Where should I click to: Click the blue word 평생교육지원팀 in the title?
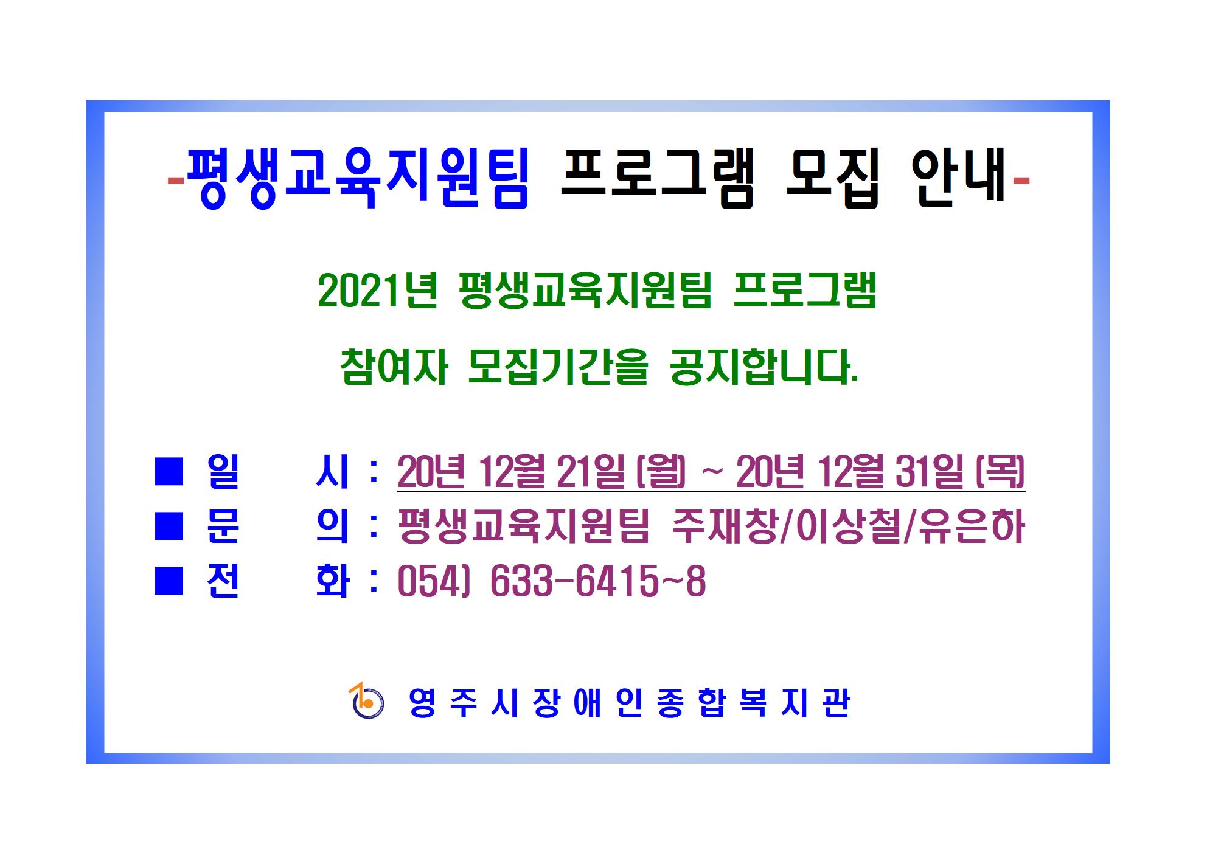tap(358, 179)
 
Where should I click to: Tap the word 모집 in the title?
tap(832, 179)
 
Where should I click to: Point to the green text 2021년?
tap(378, 292)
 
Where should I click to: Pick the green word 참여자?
tap(394, 367)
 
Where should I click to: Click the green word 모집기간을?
tap(558, 367)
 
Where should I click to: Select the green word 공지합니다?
tap(763, 367)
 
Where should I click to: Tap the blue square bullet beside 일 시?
tap(169, 472)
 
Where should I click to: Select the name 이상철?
tap(841, 526)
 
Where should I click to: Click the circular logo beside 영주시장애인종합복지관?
tap(367, 702)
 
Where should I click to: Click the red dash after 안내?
tap(1020, 179)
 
